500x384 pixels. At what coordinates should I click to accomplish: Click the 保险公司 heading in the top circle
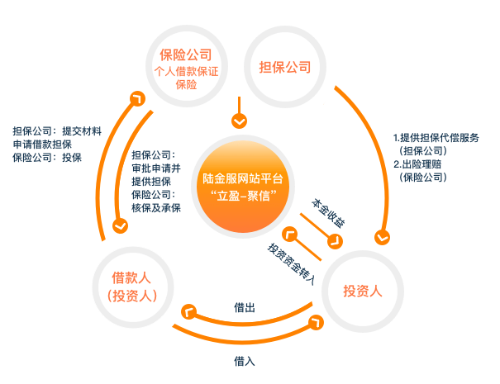click(x=186, y=55)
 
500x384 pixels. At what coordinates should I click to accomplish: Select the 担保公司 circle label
click(x=285, y=67)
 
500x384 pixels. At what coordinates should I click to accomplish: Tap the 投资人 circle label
click(x=363, y=291)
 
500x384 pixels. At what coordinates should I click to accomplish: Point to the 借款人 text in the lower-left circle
click(x=131, y=277)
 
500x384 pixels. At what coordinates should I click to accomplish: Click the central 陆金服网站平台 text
click(x=243, y=178)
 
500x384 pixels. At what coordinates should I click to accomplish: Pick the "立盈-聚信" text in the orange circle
click(x=244, y=196)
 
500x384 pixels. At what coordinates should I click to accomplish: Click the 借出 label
click(x=245, y=308)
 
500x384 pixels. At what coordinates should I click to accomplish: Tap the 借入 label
click(x=245, y=362)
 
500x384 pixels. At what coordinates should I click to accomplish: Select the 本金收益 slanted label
click(x=328, y=213)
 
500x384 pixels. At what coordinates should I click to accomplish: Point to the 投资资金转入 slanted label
click(x=291, y=264)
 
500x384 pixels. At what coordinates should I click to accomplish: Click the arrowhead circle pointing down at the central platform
click(x=239, y=121)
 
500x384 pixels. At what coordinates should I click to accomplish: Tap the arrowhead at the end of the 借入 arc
click(x=316, y=323)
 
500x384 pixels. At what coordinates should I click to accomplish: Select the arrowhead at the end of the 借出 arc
click(x=188, y=311)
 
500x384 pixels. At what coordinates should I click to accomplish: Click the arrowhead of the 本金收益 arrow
click(x=335, y=241)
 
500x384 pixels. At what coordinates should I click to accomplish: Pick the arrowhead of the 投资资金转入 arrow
click(x=290, y=235)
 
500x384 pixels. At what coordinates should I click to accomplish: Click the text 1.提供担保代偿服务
click(x=436, y=138)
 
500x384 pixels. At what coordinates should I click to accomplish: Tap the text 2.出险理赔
click(x=417, y=164)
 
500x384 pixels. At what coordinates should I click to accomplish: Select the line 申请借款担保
click(x=42, y=145)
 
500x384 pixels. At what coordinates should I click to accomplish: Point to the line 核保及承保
click(x=156, y=208)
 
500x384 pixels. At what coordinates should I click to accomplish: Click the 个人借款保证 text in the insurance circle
click(x=186, y=71)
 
